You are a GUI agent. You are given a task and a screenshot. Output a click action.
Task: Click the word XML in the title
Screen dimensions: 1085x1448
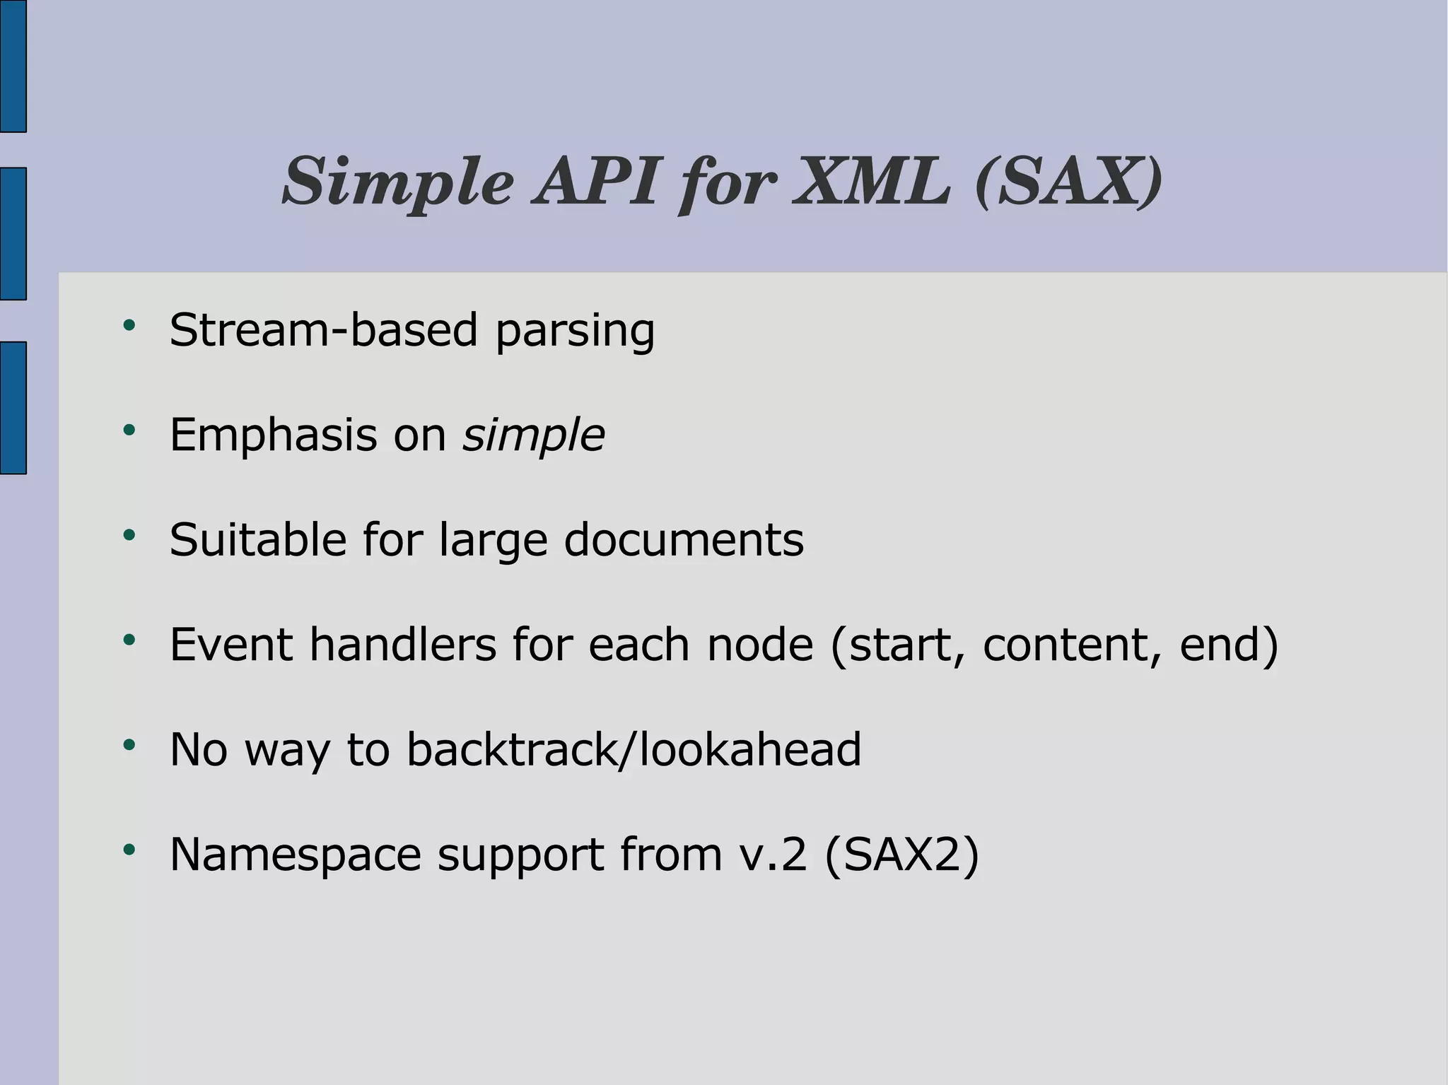click(872, 182)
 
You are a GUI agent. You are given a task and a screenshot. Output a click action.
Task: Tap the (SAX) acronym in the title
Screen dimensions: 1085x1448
click(1068, 182)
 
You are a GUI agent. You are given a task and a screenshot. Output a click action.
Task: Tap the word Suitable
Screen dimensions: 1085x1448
click(258, 539)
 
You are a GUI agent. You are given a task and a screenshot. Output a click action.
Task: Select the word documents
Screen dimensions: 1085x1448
click(684, 539)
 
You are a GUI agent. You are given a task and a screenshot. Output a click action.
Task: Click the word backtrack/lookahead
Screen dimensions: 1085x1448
click(633, 749)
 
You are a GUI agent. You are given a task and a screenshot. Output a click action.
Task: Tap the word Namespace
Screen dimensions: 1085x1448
click(296, 855)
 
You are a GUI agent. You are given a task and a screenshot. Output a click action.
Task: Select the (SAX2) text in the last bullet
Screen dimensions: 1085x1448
click(901, 855)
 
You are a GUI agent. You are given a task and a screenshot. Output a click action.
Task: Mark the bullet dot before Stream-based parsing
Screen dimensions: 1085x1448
click(129, 325)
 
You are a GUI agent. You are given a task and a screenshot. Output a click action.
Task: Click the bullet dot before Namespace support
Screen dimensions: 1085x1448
click(129, 850)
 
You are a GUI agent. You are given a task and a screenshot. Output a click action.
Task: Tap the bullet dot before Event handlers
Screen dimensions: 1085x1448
click(129, 640)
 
